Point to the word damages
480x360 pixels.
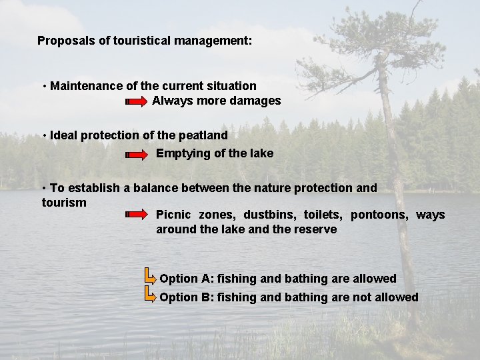(255, 101)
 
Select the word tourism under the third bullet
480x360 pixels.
(64, 202)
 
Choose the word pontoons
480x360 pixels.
(379, 215)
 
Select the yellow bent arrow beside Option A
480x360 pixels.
(150, 275)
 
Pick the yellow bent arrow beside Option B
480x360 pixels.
(150, 293)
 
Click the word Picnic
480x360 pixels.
(173, 215)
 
